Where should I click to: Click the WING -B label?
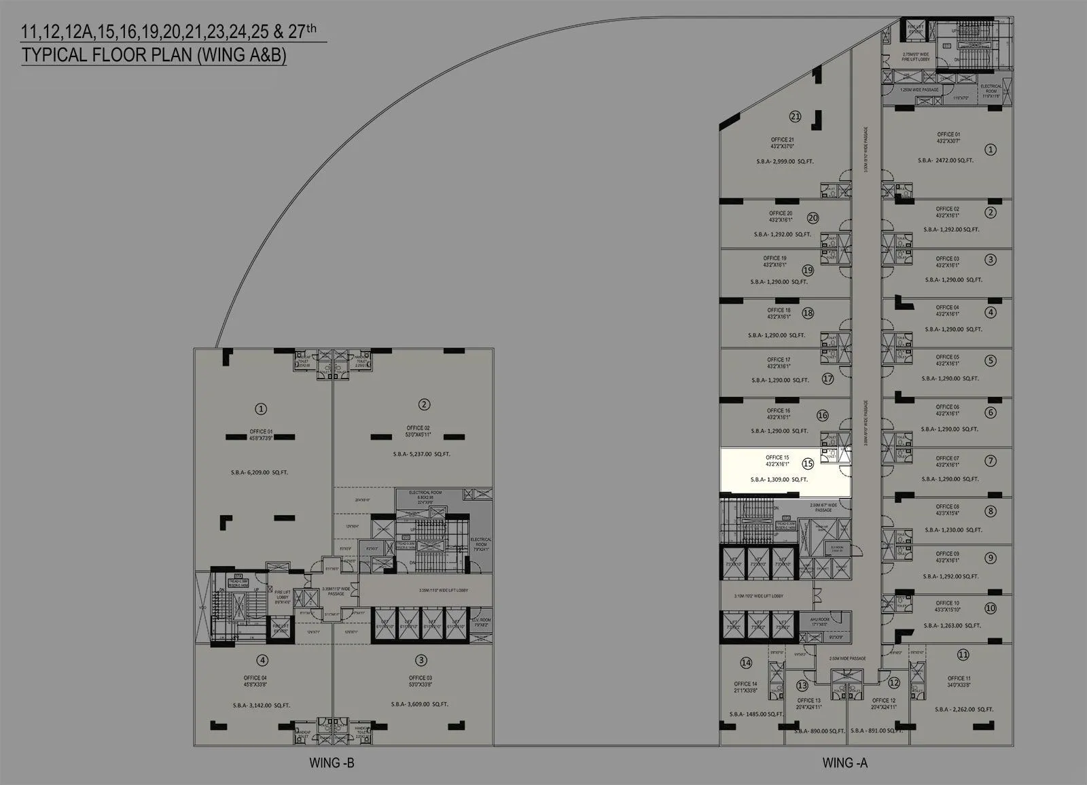(x=332, y=763)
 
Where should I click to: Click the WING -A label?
(x=844, y=763)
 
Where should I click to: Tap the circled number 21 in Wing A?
(x=795, y=116)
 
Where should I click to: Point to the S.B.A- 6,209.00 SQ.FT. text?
(x=260, y=472)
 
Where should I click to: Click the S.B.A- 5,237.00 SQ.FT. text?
(x=421, y=454)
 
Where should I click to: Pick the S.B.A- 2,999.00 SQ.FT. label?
(x=785, y=162)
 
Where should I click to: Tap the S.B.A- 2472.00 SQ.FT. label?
(x=946, y=160)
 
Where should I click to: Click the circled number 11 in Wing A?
(x=963, y=655)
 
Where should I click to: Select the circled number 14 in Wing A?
(x=746, y=663)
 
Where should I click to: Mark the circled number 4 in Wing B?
(x=262, y=660)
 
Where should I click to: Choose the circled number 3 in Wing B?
(x=421, y=660)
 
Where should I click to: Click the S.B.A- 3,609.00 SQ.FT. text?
(x=419, y=704)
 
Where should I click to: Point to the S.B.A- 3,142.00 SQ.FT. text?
(x=261, y=705)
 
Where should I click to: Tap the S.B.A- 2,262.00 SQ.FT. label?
(x=963, y=710)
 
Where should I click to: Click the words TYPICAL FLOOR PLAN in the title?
(x=107, y=55)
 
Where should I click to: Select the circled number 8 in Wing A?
(x=991, y=511)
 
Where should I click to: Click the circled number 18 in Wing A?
(x=807, y=313)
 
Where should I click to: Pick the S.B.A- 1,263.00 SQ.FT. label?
(x=952, y=625)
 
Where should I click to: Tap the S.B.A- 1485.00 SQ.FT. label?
(x=756, y=714)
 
